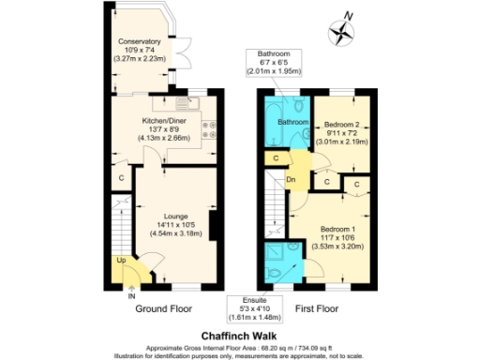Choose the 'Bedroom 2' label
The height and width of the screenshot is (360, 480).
click(x=344, y=124)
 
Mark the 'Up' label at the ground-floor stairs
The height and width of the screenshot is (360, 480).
click(x=122, y=260)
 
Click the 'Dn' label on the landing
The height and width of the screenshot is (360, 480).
click(x=292, y=178)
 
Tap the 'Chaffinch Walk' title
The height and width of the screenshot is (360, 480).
click(x=239, y=332)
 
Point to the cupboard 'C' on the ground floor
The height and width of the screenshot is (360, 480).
click(x=122, y=177)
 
